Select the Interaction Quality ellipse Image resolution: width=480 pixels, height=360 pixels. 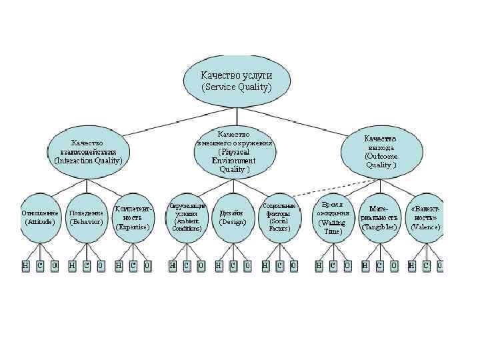88,152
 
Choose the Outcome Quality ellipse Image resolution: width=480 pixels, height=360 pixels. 381,152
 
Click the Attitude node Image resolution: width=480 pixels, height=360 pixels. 40,217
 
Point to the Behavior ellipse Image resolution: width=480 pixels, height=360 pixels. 87,217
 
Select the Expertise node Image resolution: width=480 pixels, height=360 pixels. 133,217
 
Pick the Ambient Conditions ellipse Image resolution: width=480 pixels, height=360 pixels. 186,217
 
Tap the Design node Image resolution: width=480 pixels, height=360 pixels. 233,217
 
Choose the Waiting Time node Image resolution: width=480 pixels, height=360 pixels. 333,217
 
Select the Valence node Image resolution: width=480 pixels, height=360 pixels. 425,217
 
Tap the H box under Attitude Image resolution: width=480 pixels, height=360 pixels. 25,265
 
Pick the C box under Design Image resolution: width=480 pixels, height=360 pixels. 233,265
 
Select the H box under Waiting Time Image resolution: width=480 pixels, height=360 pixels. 318,265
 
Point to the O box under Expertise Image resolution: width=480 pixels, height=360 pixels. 147,265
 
